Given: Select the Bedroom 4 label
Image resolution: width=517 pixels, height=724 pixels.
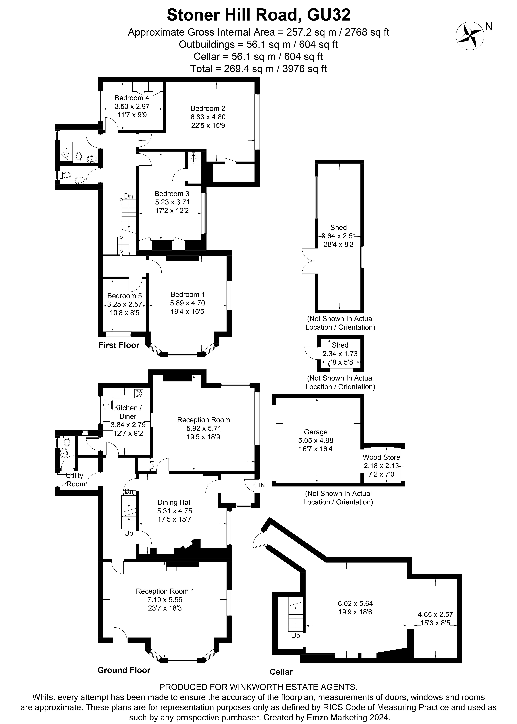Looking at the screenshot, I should click(132, 98).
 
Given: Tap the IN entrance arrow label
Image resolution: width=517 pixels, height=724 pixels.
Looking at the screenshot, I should click(262, 485).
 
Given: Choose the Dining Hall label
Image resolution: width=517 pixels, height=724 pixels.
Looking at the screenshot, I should click(174, 502).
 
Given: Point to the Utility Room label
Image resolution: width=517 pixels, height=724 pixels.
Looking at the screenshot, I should click(75, 480).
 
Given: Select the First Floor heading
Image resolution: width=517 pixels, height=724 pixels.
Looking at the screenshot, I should click(119, 345).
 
